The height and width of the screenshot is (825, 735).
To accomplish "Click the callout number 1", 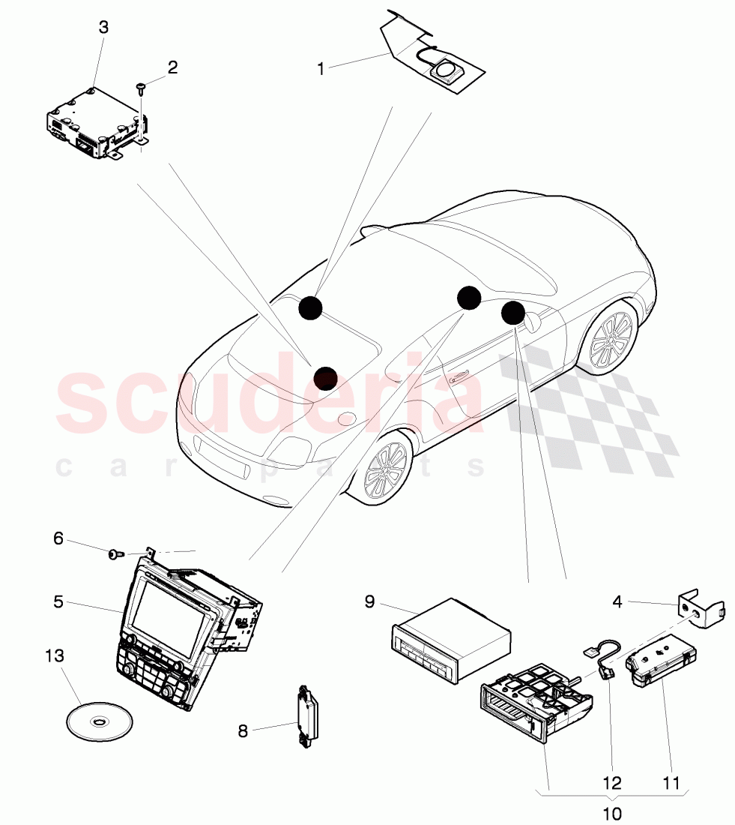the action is coord(321,69).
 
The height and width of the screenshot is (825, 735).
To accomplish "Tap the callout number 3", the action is coord(103,27).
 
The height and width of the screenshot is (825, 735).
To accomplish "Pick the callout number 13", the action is coord(55,655).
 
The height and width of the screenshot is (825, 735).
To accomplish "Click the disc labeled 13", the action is coord(100,720).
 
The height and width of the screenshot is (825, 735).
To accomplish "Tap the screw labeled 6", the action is coord(115,553).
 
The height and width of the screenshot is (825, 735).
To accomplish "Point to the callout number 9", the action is coord(369,601).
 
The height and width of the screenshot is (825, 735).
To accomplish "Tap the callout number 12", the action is coord(612,783).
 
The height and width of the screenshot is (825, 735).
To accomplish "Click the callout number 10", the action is coord(611,814).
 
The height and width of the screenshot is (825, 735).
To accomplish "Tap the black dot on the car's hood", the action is coord(325,378).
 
